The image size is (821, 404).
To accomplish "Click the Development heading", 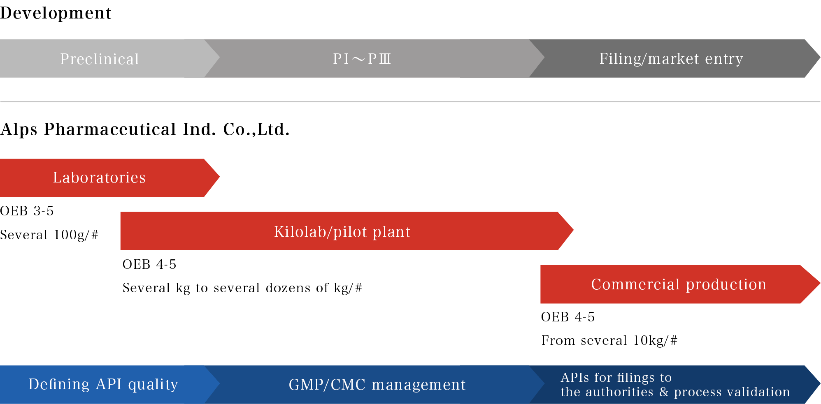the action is click(56, 13).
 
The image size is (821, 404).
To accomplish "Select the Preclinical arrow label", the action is click(100, 59).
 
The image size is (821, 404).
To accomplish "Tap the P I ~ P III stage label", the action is click(362, 59).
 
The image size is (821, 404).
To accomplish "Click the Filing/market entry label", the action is click(671, 59).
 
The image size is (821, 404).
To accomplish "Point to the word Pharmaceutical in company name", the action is click(110, 129).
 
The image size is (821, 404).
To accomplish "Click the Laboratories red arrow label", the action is click(99, 178).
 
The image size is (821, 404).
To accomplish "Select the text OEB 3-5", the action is click(27, 211).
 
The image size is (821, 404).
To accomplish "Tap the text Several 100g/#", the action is click(49, 235).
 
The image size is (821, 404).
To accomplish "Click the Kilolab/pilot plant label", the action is click(342, 232).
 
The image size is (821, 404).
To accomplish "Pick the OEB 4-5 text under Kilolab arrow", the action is click(149, 264).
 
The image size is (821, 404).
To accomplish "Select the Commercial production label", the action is click(679, 284).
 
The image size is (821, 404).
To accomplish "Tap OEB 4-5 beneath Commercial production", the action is click(568, 317).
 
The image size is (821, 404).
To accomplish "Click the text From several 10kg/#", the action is click(609, 340).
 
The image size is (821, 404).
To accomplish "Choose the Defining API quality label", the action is click(103, 384).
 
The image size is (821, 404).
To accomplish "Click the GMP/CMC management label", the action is click(377, 385).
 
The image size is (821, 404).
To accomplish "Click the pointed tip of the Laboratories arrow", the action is click(219, 177).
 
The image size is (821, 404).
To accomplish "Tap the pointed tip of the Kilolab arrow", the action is click(573, 231).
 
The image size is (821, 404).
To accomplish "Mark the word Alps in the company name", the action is click(19, 130).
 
